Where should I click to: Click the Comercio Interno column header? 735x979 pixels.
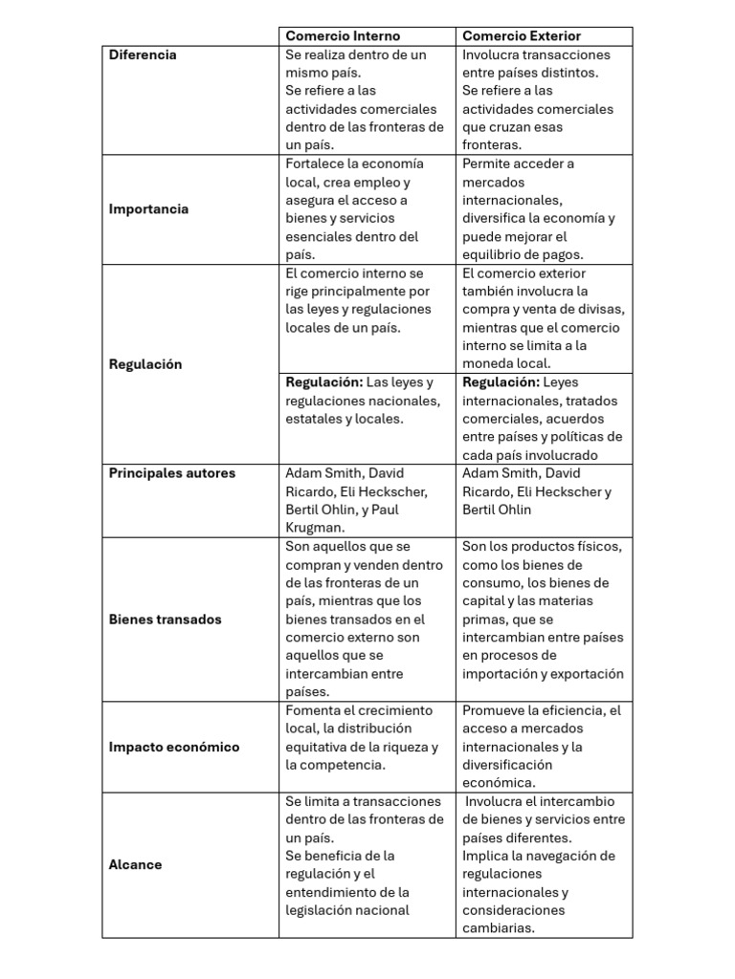coord(343,36)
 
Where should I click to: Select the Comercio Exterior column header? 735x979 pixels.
coord(521,36)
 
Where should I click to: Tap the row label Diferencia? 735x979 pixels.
coord(143,54)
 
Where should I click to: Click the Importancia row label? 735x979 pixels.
coord(148,209)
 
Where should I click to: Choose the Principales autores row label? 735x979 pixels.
coord(171,473)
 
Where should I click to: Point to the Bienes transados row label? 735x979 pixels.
coord(165,620)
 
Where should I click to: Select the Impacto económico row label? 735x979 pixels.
coord(173,747)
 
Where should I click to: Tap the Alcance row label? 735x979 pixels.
coord(135,864)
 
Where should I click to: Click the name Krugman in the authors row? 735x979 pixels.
coord(315,528)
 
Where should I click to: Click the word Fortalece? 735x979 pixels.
coord(317,163)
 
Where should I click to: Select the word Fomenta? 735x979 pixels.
coord(314,710)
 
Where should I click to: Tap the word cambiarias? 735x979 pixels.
coord(498,928)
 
